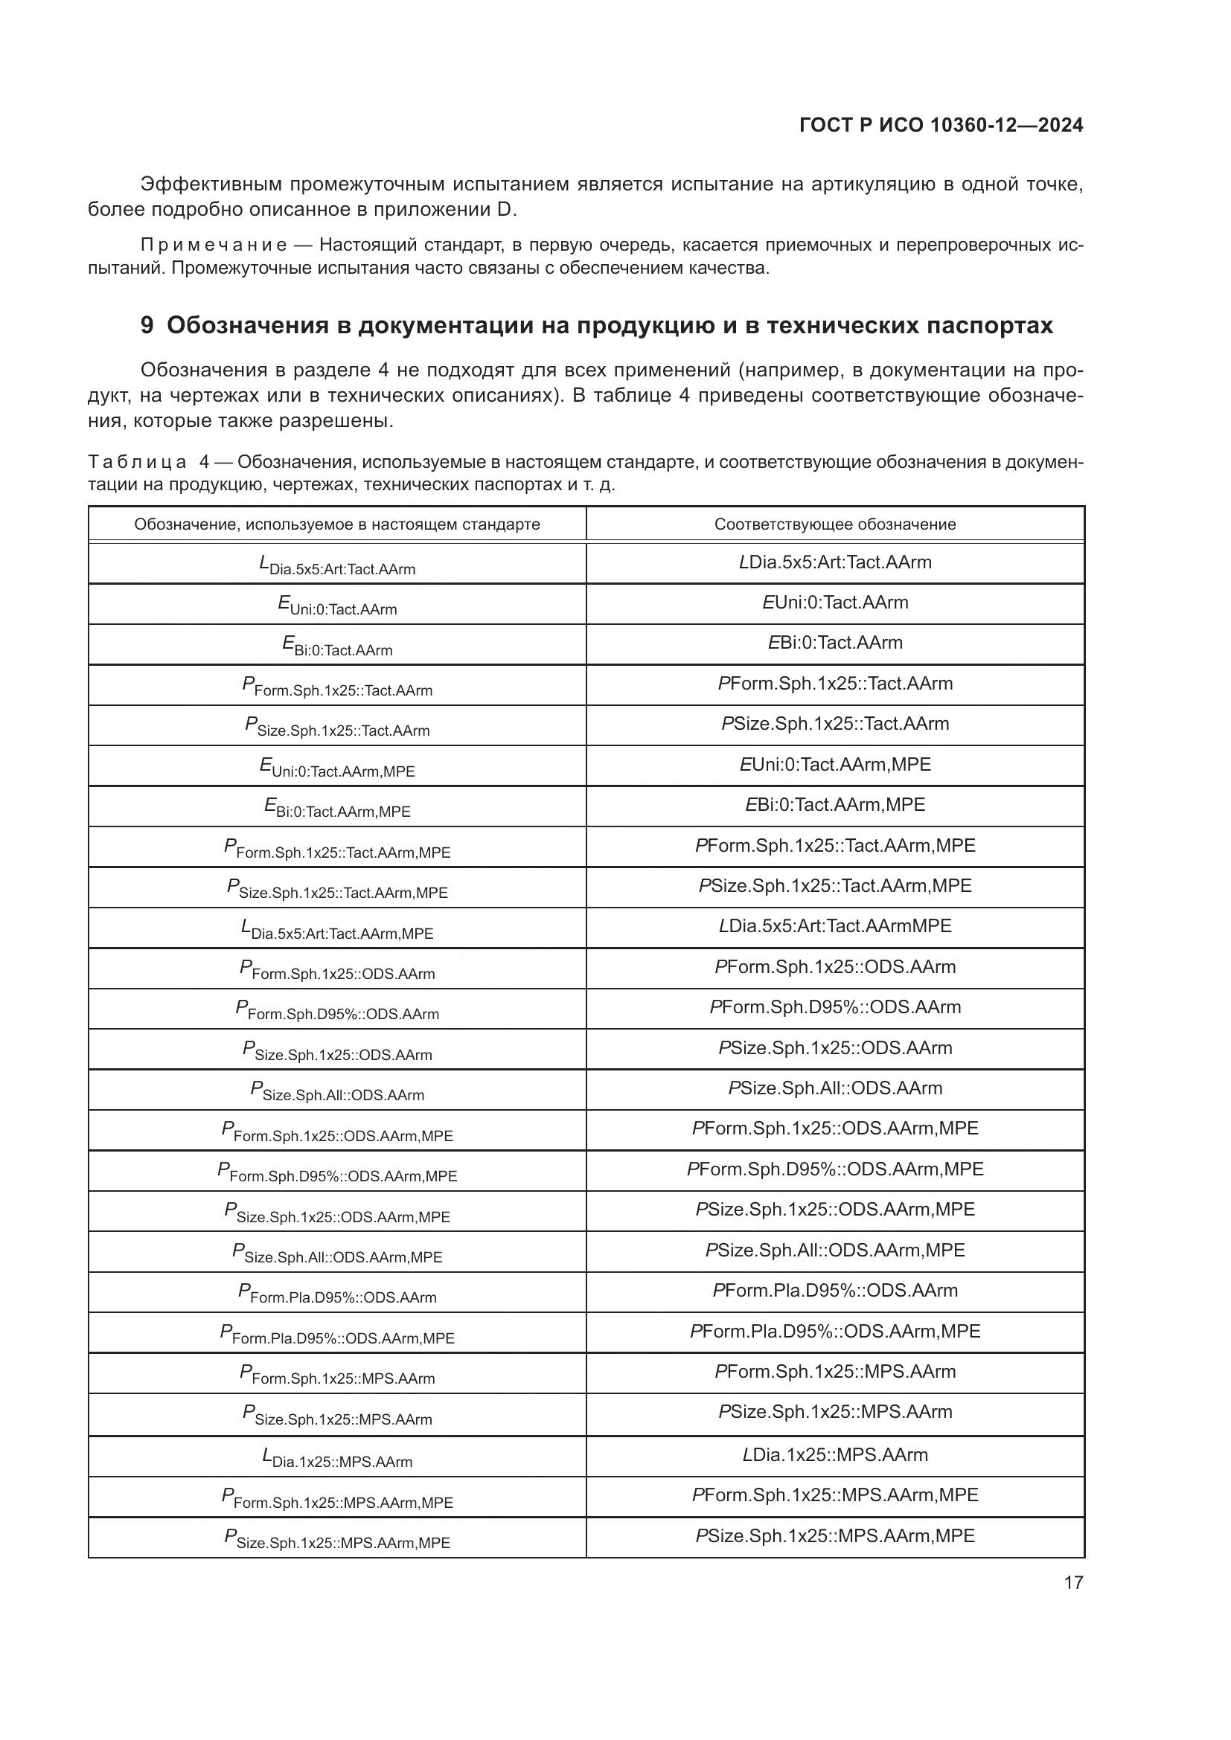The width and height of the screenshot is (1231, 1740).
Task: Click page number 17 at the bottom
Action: (1073, 1582)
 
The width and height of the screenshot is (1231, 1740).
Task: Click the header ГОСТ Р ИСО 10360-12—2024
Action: (941, 126)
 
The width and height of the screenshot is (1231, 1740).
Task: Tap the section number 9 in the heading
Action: (147, 325)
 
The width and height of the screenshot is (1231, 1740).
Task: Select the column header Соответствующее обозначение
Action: (834, 524)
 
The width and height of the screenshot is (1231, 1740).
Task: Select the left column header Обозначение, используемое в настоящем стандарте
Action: (336, 524)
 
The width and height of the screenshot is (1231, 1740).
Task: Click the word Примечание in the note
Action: (214, 245)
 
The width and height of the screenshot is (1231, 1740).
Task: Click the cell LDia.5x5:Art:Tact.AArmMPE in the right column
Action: (834, 926)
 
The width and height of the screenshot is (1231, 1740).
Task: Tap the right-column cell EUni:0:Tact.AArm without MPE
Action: (834, 603)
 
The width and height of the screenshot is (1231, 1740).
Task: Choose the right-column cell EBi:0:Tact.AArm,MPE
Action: (834, 805)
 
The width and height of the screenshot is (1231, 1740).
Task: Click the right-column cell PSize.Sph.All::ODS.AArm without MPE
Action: (834, 1088)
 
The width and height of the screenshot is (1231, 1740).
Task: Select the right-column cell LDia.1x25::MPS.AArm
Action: (834, 1455)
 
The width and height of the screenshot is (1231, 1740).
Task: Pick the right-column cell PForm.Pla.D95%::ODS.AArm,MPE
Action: (834, 1332)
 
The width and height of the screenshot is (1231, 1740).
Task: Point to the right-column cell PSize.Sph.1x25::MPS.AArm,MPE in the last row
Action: (834, 1536)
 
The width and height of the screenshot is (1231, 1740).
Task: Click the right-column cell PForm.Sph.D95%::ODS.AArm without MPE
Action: (834, 1007)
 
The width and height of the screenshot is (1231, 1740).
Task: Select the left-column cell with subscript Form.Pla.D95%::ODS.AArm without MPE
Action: (336, 1294)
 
